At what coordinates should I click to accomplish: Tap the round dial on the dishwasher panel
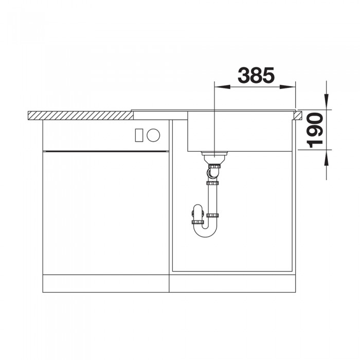click(x=153, y=135)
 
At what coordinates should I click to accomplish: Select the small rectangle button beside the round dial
click(x=138, y=135)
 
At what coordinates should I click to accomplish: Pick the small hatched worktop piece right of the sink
click(x=298, y=114)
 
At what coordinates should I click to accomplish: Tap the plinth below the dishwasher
click(x=105, y=282)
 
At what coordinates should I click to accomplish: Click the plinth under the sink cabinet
click(x=234, y=282)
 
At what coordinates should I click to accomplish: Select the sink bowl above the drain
click(x=239, y=131)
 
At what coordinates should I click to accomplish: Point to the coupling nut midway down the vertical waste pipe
click(x=212, y=183)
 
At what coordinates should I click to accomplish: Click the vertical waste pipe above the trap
click(x=212, y=198)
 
